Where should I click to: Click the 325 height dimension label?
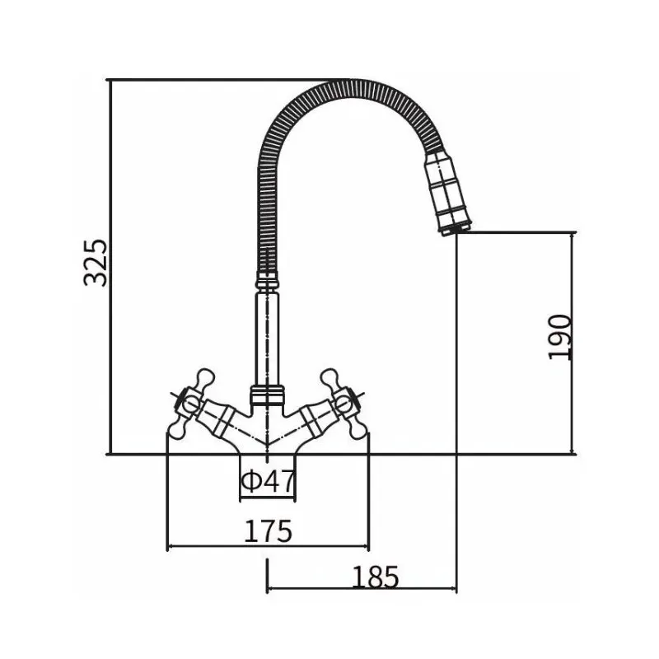coord(96,263)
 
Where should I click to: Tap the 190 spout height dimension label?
coord(560,337)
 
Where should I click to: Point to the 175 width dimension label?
coord(268,531)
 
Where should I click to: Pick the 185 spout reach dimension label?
coord(375,577)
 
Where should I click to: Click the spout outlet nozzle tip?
coord(455,230)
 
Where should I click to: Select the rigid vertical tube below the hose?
coord(267,339)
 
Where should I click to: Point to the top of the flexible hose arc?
coord(345,85)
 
